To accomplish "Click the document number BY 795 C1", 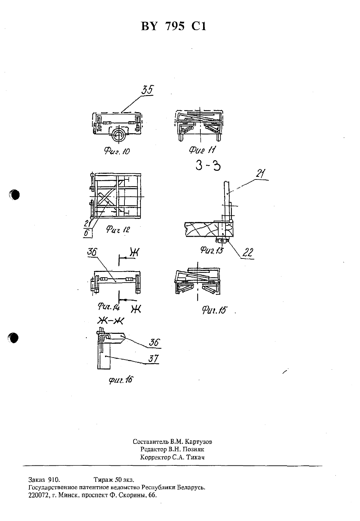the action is tap(173, 26).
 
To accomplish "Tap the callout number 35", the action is tap(148, 90).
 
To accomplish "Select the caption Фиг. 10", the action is tap(117, 151).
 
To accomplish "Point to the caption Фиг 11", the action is tap(202, 150).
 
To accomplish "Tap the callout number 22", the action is tap(248, 252).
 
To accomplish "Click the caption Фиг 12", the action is tap(118, 230).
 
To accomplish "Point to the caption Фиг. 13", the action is tap(211, 250).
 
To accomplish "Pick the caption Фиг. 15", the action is tap(214, 310).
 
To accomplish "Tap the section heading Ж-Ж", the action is tap(111, 321).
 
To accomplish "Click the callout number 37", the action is tap(153, 359).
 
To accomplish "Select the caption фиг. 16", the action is tap(121, 380).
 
